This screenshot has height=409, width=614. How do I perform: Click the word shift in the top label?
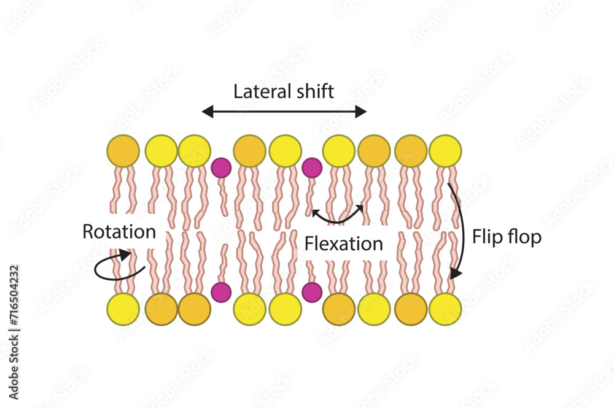[x=315, y=92]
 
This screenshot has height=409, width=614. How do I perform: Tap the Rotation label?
[x=119, y=232]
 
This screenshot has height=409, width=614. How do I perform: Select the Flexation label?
[x=344, y=243]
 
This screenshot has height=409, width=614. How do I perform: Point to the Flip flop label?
[x=507, y=237]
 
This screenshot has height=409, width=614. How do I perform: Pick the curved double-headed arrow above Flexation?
[x=338, y=215]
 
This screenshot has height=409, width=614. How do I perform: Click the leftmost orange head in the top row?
[x=123, y=151]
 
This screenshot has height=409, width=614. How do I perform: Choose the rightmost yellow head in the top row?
[x=445, y=151]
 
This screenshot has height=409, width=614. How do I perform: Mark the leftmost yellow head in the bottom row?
[x=123, y=309]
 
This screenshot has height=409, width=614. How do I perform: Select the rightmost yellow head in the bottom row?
[x=445, y=309]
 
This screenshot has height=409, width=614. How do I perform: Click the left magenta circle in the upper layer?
[x=221, y=167]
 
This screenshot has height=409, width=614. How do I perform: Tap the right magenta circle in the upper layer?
[x=312, y=167]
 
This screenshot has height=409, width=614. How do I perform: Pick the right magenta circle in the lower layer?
[x=312, y=292]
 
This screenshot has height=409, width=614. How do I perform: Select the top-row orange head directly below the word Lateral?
[x=249, y=151]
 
